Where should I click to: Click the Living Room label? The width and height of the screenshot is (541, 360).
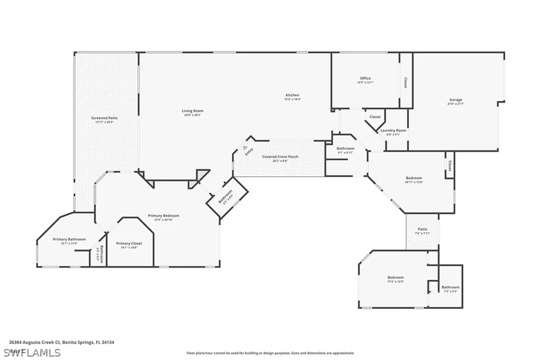(192, 111)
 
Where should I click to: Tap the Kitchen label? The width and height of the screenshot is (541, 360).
(293, 96)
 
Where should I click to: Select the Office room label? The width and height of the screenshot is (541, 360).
(365, 79)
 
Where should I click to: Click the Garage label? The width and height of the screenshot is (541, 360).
(455, 100)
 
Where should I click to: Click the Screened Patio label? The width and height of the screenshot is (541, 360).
(104, 118)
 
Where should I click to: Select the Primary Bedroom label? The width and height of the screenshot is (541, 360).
(163, 216)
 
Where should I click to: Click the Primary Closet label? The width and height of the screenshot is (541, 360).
(129, 243)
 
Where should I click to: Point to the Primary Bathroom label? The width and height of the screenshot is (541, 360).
(69, 240)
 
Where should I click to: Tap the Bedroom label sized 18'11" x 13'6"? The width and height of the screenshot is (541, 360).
(414, 178)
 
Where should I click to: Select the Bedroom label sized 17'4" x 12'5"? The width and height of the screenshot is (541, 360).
(395, 278)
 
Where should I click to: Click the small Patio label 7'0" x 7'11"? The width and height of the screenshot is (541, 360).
(422, 229)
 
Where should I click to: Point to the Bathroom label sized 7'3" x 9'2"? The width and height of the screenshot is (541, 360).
(451, 287)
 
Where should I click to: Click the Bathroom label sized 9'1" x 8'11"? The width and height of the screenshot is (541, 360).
(346, 149)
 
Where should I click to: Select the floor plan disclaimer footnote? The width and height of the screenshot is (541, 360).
(270, 353)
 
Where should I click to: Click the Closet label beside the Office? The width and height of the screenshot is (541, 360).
(405, 83)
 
